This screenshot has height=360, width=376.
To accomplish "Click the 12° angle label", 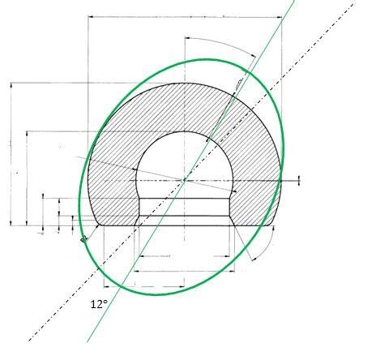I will click(98, 304).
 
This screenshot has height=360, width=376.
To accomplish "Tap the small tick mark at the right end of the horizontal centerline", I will click(299, 179).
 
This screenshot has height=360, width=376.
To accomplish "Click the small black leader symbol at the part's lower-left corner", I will click(83, 239).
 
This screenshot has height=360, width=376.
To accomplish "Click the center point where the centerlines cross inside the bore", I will click(186, 178).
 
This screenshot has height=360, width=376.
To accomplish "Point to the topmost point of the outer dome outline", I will click(186, 83).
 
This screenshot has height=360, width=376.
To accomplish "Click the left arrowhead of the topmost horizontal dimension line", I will click(90, 16).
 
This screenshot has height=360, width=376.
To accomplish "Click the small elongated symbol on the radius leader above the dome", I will click(239, 83).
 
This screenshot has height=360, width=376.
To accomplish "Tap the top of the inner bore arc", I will click(186, 131).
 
